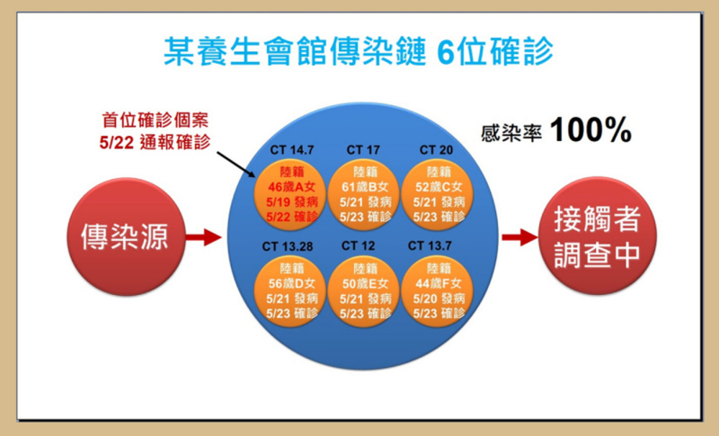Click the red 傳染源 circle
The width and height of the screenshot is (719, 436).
(x=126, y=236)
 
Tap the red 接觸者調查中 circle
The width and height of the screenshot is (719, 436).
(x=598, y=236)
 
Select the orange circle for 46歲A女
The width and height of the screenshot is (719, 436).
(x=290, y=195)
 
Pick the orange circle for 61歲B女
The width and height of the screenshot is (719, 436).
(x=364, y=195)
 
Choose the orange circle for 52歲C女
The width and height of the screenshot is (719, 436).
(x=438, y=195)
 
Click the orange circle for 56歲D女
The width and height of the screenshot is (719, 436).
(x=290, y=291)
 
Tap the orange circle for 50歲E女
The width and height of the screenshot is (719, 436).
(x=364, y=291)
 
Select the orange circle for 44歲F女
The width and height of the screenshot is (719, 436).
(x=438, y=291)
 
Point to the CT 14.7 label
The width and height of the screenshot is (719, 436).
(x=291, y=150)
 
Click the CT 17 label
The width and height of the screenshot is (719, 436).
(x=363, y=150)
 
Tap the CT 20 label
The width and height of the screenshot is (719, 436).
(x=436, y=150)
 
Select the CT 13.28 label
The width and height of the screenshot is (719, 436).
(x=288, y=246)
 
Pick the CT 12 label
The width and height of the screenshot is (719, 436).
(x=358, y=246)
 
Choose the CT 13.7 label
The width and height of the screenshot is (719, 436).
(x=430, y=246)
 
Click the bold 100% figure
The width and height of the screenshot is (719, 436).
(x=591, y=129)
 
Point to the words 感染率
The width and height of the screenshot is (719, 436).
(x=511, y=133)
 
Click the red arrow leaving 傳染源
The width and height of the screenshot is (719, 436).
(x=204, y=237)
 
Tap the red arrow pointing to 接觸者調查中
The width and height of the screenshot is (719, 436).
(x=520, y=237)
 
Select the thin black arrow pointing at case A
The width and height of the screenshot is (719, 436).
(x=236, y=165)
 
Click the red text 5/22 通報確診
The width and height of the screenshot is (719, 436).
(x=155, y=143)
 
